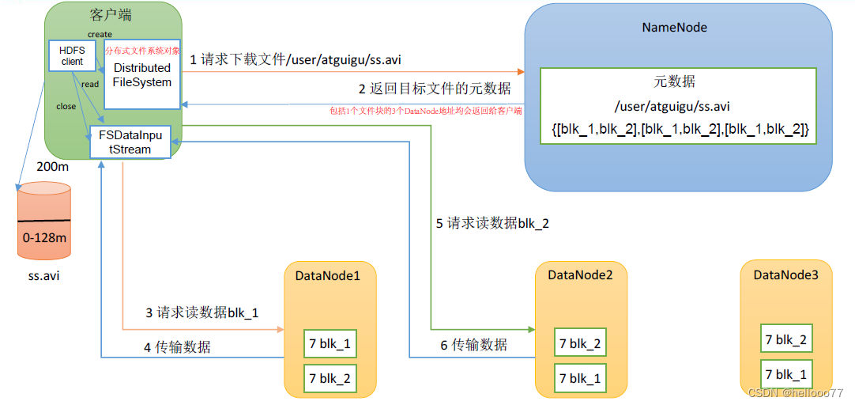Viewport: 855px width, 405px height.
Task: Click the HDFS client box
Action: [72, 55]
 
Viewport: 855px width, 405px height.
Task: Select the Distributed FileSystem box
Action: [142, 74]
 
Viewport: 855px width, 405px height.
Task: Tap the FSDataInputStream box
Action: [130, 142]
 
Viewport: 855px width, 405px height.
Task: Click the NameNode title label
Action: [674, 27]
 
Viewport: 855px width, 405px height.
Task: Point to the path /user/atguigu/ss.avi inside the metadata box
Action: [677, 106]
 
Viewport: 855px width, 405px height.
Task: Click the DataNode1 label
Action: [327, 275]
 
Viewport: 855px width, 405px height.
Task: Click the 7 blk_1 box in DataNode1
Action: [330, 345]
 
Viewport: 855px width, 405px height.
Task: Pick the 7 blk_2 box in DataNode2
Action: [580, 343]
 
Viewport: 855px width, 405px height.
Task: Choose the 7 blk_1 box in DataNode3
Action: [785, 373]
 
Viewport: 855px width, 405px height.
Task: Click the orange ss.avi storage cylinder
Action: [44, 221]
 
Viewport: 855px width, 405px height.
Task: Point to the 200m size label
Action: [52, 168]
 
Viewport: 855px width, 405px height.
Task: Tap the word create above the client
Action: [100, 34]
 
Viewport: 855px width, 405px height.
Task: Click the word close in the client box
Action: [66, 105]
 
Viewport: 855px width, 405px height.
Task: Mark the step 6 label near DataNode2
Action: [473, 345]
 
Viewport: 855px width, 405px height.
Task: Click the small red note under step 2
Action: [426, 111]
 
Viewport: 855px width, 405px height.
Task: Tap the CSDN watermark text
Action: [794, 392]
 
